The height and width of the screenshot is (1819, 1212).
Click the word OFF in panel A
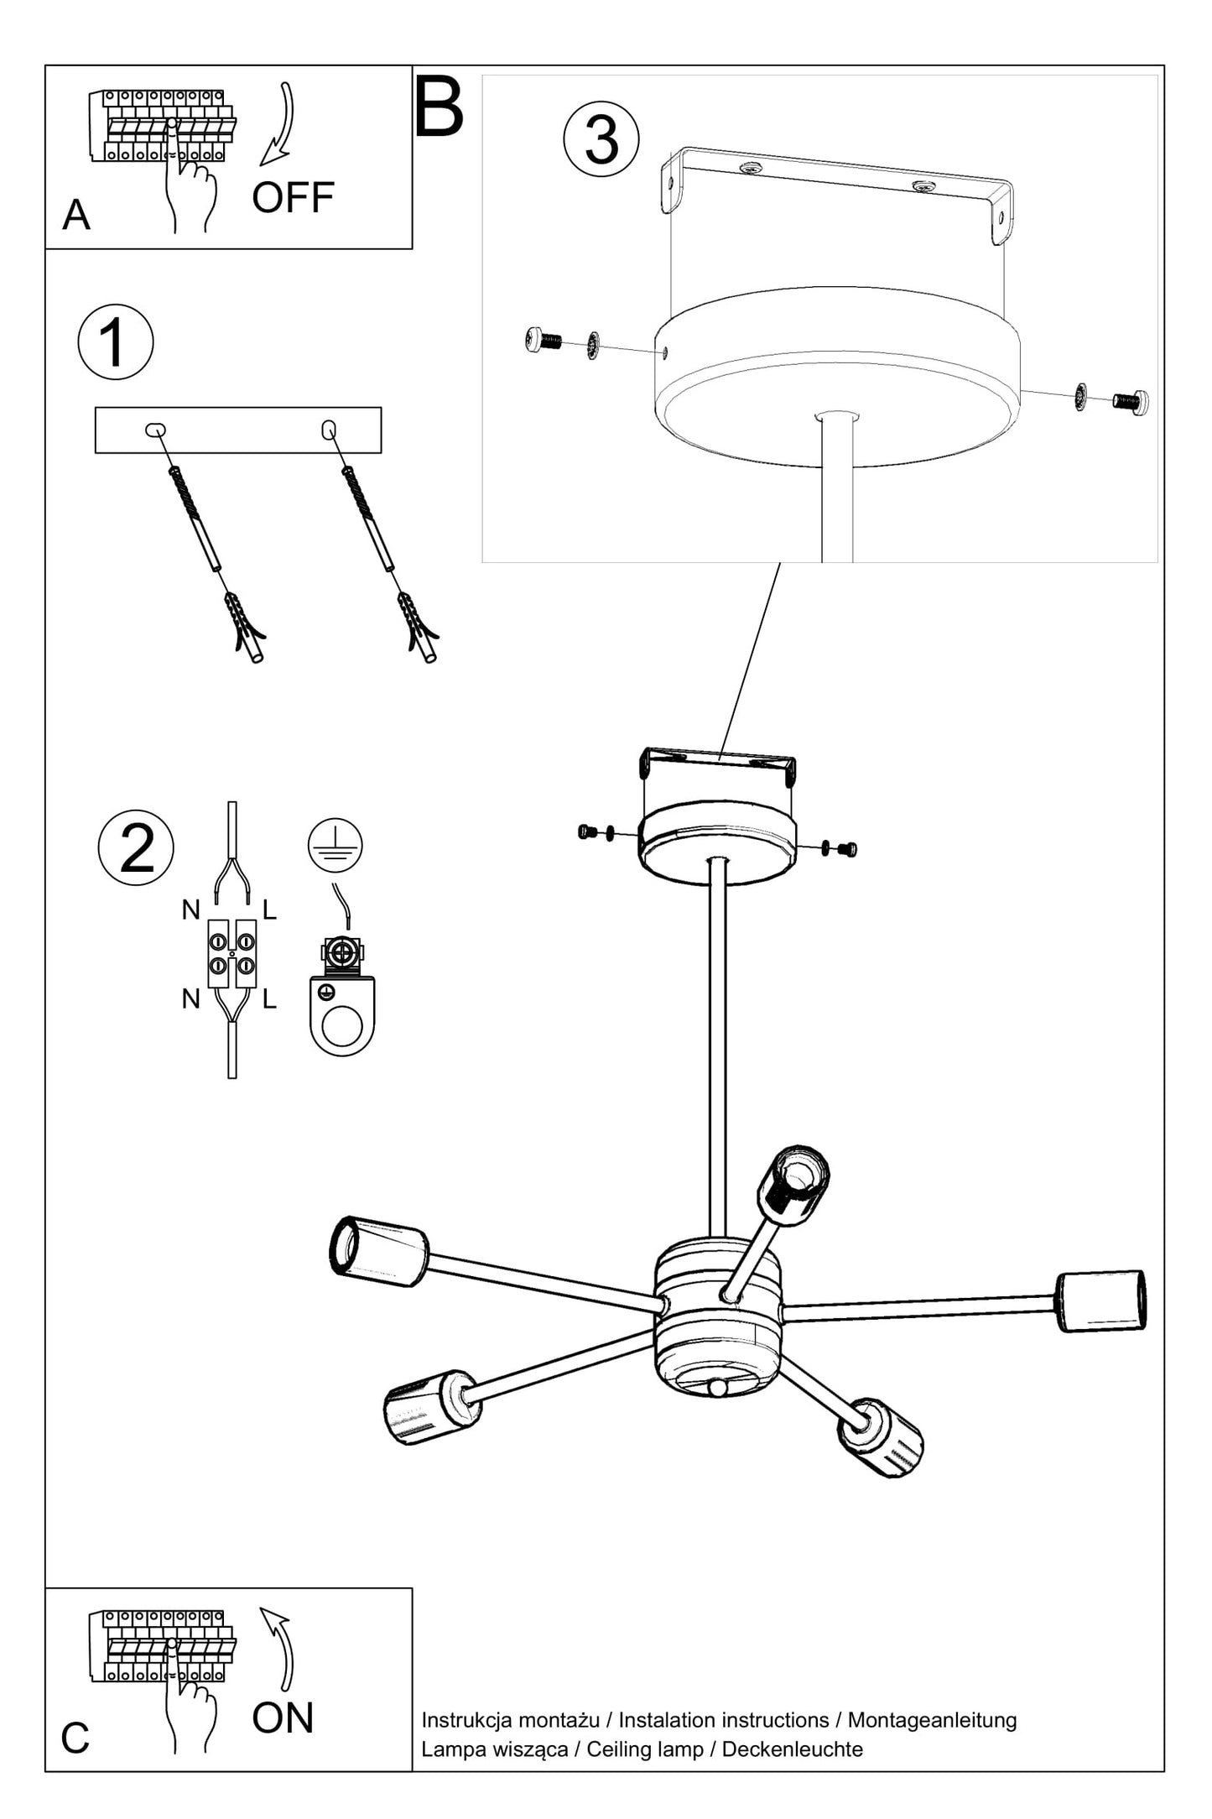coord(293,198)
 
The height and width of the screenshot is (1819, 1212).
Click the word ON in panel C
coord(283,1717)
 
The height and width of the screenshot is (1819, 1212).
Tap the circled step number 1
coord(116,342)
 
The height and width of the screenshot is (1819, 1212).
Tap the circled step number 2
coord(136,847)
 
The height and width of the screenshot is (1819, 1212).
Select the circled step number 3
coord(601,138)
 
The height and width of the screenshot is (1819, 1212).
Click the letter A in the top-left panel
coord(76,215)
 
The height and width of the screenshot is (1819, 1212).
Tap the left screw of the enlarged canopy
coord(544,340)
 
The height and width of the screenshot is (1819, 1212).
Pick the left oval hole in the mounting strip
coord(155,430)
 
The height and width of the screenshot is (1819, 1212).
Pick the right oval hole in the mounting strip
coord(330,430)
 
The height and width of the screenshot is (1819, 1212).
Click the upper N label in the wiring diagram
coord(191,909)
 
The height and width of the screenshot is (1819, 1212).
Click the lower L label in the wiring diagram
coord(269,998)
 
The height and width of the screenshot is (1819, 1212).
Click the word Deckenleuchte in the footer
coord(793,1749)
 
